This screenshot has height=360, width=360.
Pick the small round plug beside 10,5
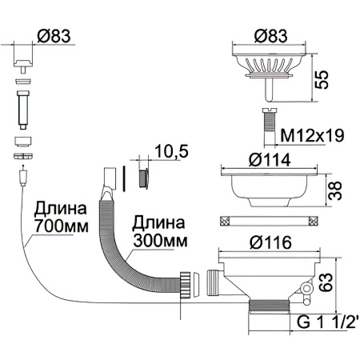pyautogui.click(x=144, y=175)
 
